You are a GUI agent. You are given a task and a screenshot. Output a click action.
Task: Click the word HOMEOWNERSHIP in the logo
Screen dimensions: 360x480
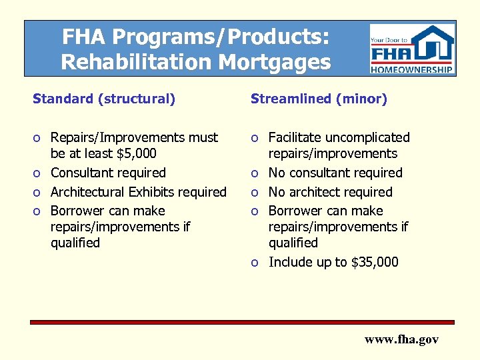point(413,69)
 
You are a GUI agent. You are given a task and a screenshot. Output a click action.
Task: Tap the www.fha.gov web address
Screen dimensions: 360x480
point(401,339)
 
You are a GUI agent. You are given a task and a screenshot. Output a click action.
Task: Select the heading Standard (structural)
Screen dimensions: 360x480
point(104,99)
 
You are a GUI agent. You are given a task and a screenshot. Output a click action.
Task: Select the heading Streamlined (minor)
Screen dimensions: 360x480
point(319,99)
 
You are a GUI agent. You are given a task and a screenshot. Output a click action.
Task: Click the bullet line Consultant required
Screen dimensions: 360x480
point(108,173)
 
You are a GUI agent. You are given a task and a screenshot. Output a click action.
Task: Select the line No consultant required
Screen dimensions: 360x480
point(335,173)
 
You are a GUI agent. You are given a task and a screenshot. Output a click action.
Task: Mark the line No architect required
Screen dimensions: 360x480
point(330,192)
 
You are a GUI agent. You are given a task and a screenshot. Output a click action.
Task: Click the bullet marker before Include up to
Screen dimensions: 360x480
point(255,263)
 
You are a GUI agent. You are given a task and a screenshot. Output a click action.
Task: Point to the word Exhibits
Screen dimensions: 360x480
point(158,192)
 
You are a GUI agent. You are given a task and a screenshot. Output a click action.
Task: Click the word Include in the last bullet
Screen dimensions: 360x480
point(290,262)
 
